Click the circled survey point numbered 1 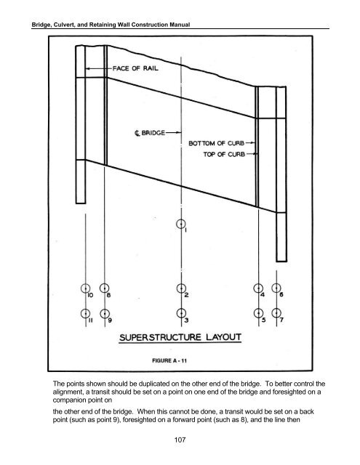pos(181,225)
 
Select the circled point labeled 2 pos(181,288)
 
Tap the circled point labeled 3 pos(181,313)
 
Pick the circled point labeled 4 pos(258,288)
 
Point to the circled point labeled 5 pos(258,313)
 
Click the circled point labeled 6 pos(276,288)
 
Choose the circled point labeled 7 pos(276,313)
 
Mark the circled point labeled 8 pos(104,288)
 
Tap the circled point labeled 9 pos(105,313)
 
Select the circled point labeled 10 pos(86,288)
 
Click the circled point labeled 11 pos(86,313)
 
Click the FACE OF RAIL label pos(135,68)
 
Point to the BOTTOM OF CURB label pos(216,143)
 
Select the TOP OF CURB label pos(224,154)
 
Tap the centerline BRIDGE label pos(150,133)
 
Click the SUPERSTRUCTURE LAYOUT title pos(180,337)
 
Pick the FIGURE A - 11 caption pos(169,360)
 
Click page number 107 pos(180,440)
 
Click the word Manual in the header pos(180,25)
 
